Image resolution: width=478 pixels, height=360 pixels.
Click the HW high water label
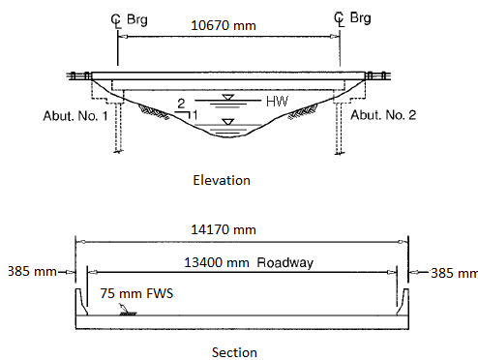278,101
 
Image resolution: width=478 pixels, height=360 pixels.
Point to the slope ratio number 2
181,103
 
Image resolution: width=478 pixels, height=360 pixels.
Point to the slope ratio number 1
194,114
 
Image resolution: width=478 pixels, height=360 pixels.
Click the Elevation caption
221,180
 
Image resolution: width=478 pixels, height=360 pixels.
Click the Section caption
235,352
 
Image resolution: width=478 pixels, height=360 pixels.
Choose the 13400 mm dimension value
213,261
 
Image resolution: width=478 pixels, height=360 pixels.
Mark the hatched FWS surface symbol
127,313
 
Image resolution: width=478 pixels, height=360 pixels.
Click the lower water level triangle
226,122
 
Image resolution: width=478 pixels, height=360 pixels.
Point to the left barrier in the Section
78,298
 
